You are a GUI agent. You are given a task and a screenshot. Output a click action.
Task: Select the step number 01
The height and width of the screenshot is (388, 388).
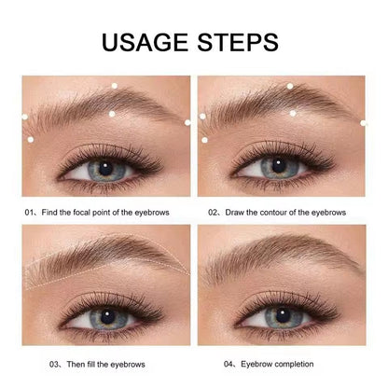pos(30,212)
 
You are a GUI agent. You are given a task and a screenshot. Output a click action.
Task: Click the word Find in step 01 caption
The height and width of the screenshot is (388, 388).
pos(50,212)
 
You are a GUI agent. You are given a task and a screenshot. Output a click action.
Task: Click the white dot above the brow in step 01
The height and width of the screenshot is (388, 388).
pos(114,87)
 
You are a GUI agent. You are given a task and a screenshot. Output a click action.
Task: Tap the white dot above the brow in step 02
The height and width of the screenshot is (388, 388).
pos(291,86)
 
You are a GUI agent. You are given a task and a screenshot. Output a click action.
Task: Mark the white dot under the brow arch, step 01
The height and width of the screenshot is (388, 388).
pos(113,114)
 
